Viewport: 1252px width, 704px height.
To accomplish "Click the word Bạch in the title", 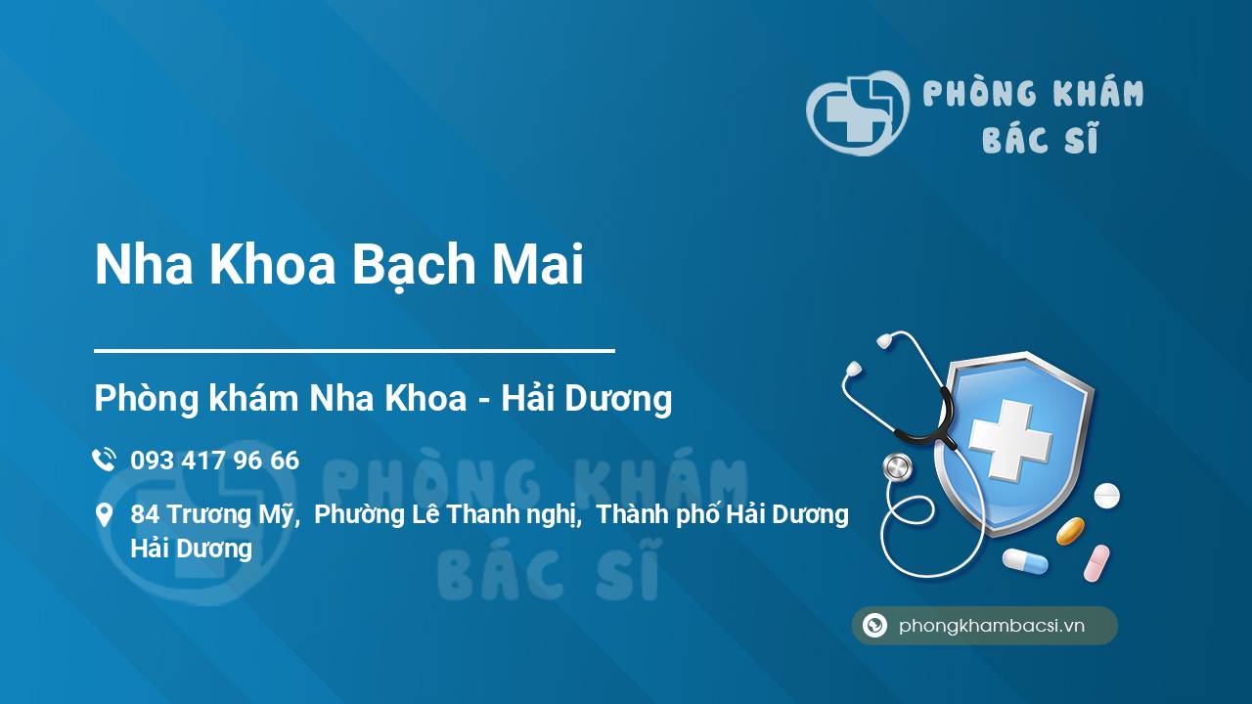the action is tap(413, 264).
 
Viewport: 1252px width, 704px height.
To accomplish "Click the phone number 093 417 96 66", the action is tap(214, 461).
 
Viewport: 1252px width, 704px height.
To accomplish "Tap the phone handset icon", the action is tap(104, 460).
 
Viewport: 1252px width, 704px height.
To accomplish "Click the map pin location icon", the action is tap(104, 514).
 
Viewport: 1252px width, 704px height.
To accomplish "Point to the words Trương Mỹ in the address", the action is tap(230, 514).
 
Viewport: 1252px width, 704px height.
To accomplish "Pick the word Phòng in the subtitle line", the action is tap(148, 399).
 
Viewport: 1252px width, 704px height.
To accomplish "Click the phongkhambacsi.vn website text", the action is tap(992, 626).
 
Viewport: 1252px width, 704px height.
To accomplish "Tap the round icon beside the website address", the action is tap(874, 625).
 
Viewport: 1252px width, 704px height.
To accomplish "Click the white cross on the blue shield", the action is tap(1010, 439).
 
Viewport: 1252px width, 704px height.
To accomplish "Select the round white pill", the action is tap(1106, 496).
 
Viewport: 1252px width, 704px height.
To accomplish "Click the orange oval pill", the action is tap(1070, 531).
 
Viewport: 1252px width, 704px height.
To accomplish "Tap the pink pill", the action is tap(1096, 563).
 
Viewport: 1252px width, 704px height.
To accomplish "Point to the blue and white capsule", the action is tap(1025, 561).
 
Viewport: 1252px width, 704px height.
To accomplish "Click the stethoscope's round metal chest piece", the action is tap(897, 467).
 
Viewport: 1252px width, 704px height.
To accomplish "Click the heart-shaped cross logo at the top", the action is tap(858, 112).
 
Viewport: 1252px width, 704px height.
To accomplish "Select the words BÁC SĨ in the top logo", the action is tap(1040, 138).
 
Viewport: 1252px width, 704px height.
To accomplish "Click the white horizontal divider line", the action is tap(354, 351).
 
